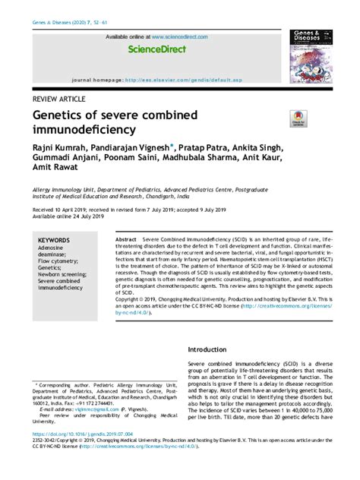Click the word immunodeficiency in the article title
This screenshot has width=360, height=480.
click(x=82, y=130)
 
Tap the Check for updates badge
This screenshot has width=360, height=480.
click(x=297, y=118)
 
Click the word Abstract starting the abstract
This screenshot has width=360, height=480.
click(x=126, y=239)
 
